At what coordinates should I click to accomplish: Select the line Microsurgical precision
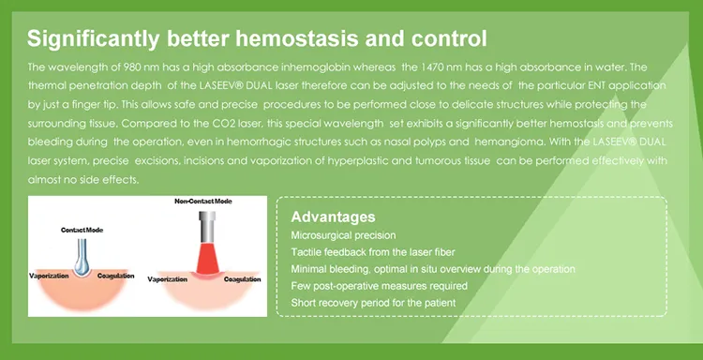click(x=343, y=234)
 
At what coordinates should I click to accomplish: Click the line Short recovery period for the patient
click(x=373, y=303)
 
